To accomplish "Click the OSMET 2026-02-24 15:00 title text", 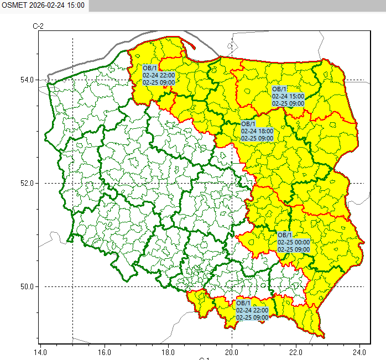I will pyautogui.click(x=44, y=5).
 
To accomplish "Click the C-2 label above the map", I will pyautogui.click(x=38, y=25).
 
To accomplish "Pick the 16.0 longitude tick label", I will pyautogui.click(x=105, y=351).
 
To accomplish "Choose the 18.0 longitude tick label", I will pyautogui.click(x=168, y=351).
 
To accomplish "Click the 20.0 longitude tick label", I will pyautogui.click(x=232, y=351).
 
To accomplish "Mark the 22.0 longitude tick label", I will pyautogui.click(x=296, y=351).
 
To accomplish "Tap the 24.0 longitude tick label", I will pyautogui.click(x=359, y=351).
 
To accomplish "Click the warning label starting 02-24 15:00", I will pyautogui.click(x=288, y=96).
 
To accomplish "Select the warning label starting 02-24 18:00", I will pyautogui.click(x=257, y=131).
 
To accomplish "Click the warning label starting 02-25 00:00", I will pyautogui.click(x=294, y=242).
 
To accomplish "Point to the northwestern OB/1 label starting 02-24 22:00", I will pyautogui.click(x=159, y=75).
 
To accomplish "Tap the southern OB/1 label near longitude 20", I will pyautogui.click(x=252, y=310).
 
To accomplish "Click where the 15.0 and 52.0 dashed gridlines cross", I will pyautogui.click(x=73, y=183).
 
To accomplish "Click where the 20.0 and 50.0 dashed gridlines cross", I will pyautogui.click(x=232, y=286).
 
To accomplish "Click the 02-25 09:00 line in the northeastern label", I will pyautogui.click(x=288, y=103).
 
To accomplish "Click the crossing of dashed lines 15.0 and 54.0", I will pyautogui.click(x=73, y=80).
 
